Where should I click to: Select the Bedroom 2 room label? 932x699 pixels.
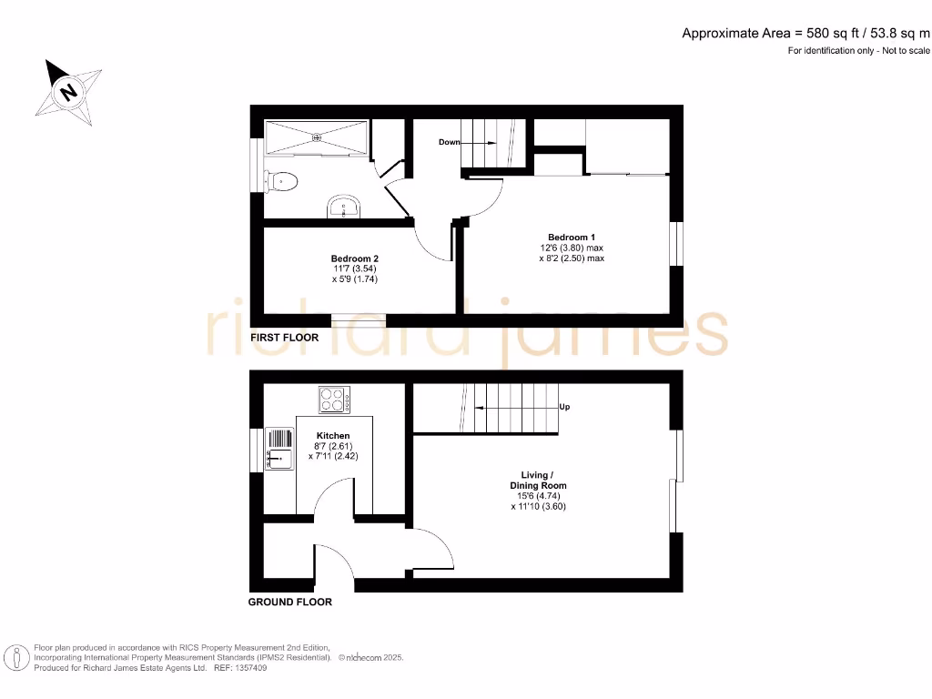pyautogui.click(x=354, y=257)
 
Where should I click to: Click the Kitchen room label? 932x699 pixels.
pyautogui.click(x=333, y=435)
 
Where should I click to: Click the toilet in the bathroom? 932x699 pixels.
pyautogui.click(x=281, y=181)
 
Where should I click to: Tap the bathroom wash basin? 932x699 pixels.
pyautogui.click(x=345, y=208)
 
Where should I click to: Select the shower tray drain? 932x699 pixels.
pyautogui.click(x=317, y=137)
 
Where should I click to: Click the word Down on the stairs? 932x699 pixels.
pyautogui.click(x=449, y=142)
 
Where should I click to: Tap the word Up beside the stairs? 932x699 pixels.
pyautogui.click(x=564, y=407)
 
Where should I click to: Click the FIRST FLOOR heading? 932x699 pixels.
pyautogui.click(x=285, y=338)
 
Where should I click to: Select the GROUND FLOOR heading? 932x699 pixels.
pyautogui.click(x=290, y=602)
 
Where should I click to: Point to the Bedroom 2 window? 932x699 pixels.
pyautogui.click(x=359, y=319)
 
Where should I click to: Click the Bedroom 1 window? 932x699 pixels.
pyautogui.click(x=675, y=244)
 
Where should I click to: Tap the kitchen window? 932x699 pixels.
pyautogui.click(x=256, y=451)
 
